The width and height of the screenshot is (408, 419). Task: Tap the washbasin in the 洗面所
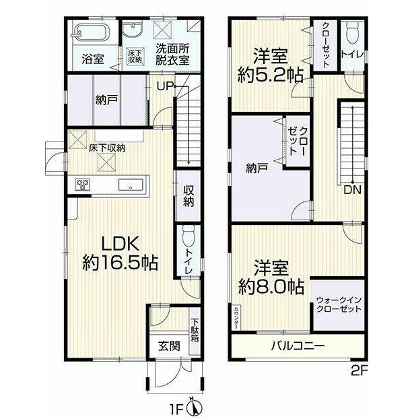133,30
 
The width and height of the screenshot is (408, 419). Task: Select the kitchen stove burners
83,185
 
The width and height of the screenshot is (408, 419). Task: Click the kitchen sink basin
131,185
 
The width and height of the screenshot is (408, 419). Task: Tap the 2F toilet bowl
353,32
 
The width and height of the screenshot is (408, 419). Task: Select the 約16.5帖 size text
120,263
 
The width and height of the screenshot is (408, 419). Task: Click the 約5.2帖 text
270,75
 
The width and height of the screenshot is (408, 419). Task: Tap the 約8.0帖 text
271,286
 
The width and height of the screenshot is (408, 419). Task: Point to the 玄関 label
169,346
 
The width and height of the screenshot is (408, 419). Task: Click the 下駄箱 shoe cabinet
195,330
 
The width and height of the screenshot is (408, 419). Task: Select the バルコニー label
298,346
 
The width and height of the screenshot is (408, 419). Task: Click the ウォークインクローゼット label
338,304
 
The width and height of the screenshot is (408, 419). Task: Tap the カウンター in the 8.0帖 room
236,318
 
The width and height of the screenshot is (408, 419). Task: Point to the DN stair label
353,190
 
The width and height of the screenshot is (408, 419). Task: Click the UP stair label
165,86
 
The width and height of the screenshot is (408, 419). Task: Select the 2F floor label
359,370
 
